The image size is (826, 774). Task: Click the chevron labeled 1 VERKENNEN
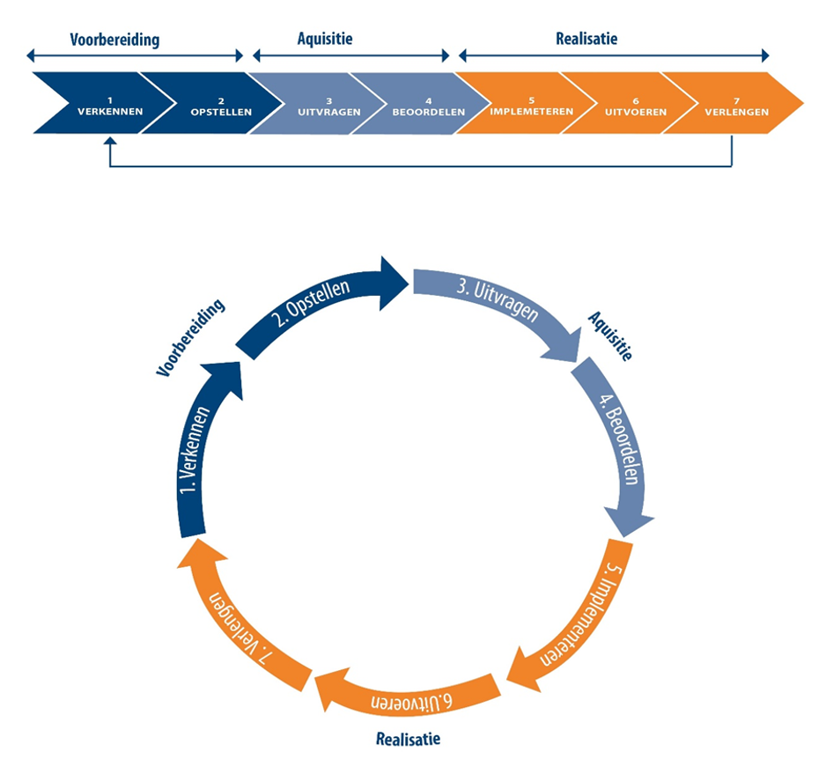coord(99,104)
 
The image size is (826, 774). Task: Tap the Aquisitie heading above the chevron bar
coord(325,40)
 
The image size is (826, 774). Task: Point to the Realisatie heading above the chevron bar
coord(586,40)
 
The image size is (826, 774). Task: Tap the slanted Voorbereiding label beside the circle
coord(191,338)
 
